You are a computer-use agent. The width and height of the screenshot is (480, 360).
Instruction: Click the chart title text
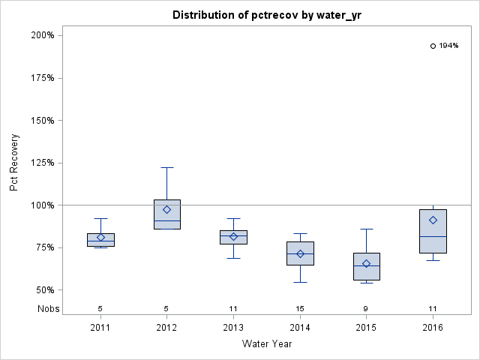[x=266, y=15]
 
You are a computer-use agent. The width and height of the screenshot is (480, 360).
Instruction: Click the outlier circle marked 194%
[x=433, y=46]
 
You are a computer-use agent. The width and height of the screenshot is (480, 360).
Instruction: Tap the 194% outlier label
[x=448, y=46]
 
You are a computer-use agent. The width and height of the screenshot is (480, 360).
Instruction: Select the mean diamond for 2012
[x=167, y=209]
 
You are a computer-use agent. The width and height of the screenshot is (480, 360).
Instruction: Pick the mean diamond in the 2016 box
[x=433, y=220]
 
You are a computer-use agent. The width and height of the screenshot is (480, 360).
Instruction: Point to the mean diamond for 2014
[x=300, y=253]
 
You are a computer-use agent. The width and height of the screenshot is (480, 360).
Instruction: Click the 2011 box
[x=100, y=239]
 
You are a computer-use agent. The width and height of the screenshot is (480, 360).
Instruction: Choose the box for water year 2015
[x=367, y=266]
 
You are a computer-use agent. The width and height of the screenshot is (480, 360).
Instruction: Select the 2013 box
[x=234, y=237]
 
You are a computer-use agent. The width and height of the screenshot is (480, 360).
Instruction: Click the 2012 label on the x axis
[x=167, y=328]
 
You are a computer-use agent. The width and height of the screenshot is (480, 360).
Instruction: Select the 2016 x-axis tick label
[x=433, y=328]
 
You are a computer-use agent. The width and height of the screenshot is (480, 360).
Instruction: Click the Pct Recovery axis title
[x=15, y=163]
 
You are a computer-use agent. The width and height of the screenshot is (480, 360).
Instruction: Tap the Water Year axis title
[x=266, y=344]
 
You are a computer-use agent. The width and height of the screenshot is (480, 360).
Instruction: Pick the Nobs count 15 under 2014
[x=300, y=308]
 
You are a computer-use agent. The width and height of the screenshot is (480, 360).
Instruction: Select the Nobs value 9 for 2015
[x=367, y=308]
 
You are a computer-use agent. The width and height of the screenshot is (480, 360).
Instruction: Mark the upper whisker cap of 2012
[x=167, y=167]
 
